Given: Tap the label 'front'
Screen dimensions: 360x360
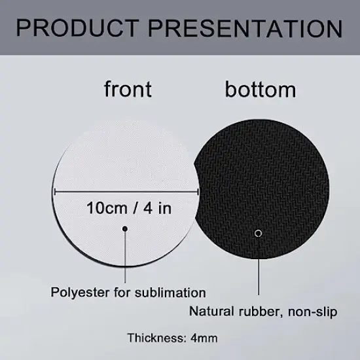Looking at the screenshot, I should tap(127, 89).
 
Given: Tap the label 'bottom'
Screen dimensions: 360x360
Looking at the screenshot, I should tap(261, 89).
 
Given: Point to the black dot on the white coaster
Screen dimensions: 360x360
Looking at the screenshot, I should tap(125, 228).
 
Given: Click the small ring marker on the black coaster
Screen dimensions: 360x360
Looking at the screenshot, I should tap(259, 233).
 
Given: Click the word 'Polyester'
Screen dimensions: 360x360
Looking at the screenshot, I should tap(77, 293).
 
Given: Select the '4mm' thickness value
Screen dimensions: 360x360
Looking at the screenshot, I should tap(204, 338).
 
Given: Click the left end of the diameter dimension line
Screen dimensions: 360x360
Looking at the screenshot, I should tap(54, 191).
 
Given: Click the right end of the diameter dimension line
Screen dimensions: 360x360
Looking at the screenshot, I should tap(199, 191).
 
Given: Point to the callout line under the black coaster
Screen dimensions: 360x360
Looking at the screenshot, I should tap(259, 268).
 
